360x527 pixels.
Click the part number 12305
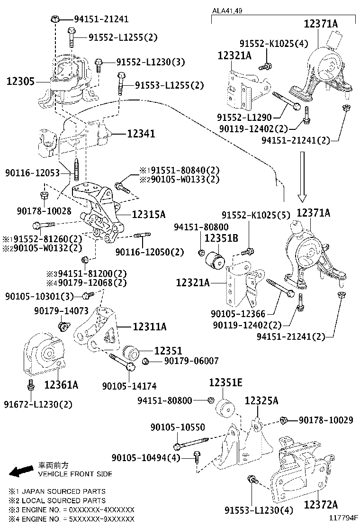click(x=20, y=82)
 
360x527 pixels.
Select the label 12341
click(x=141, y=134)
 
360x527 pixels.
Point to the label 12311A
click(x=149, y=327)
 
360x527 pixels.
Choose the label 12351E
click(x=226, y=382)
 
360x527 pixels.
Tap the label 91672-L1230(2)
click(x=38, y=404)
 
